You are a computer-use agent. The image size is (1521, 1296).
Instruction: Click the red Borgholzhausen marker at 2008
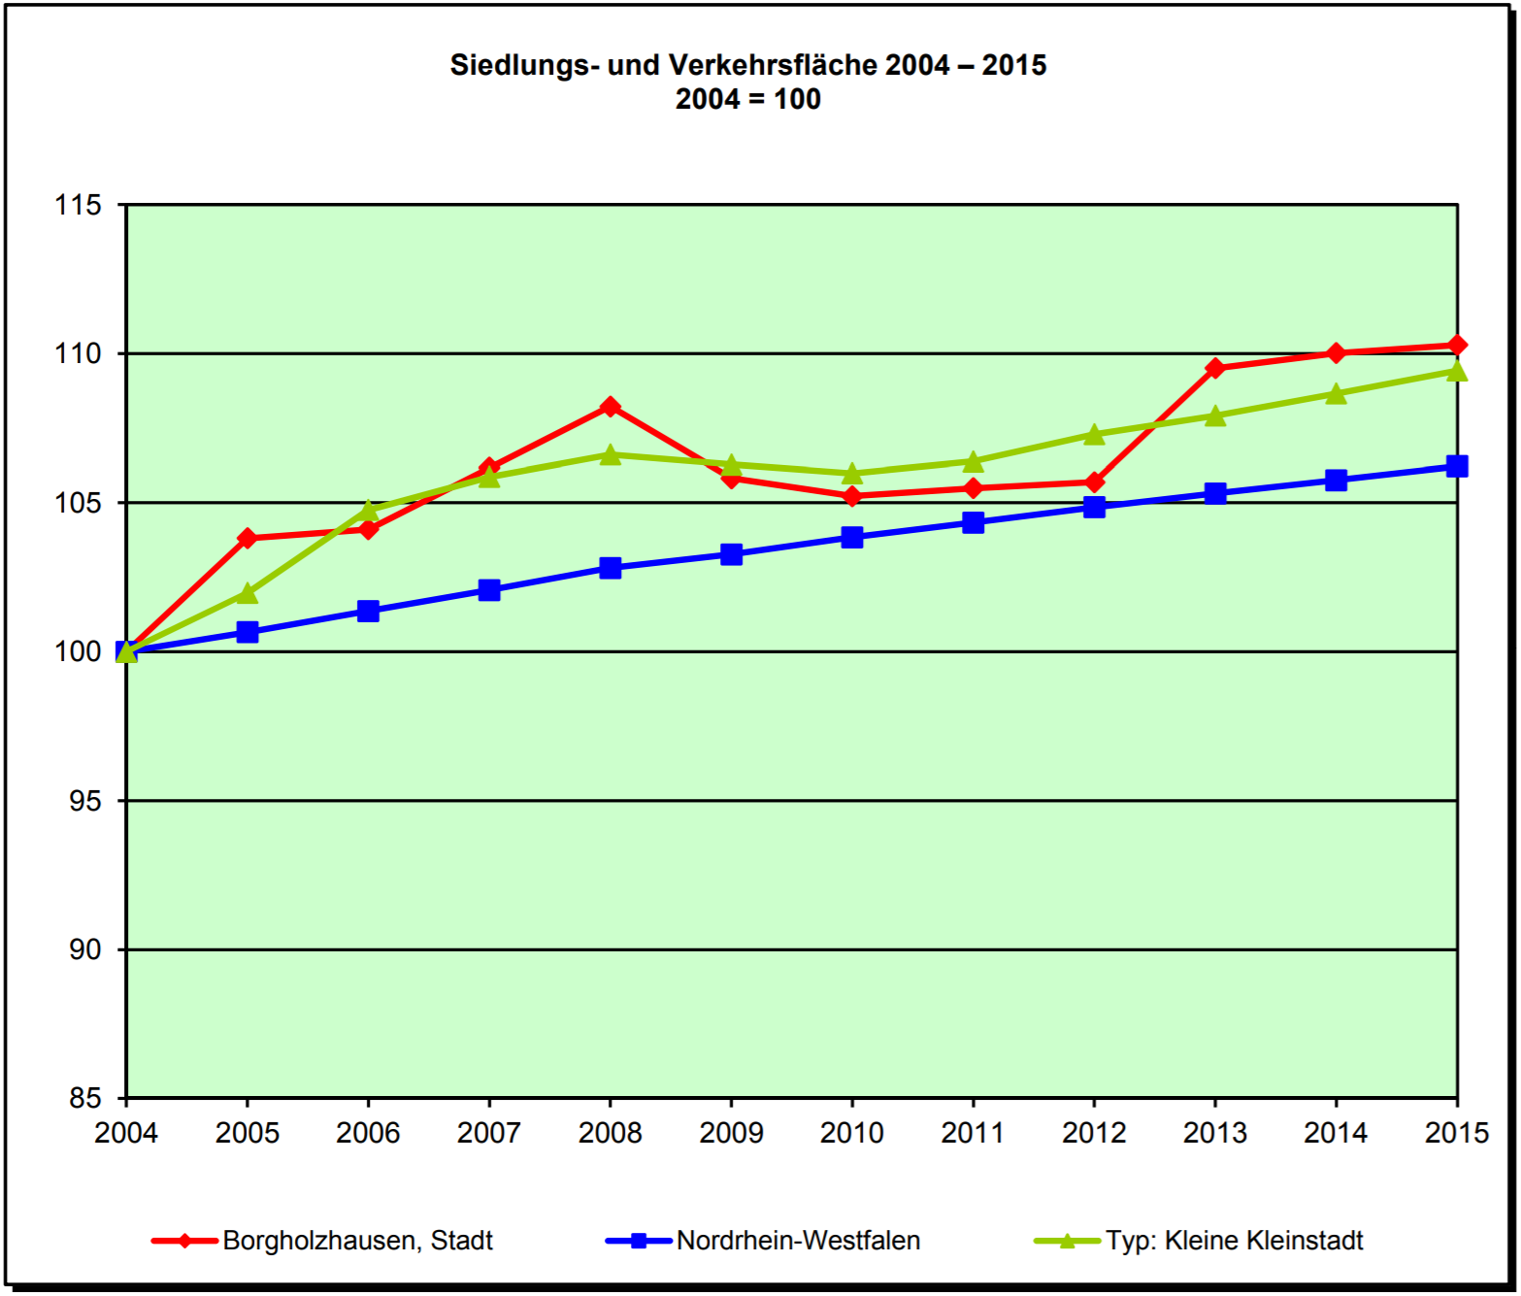(x=610, y=407)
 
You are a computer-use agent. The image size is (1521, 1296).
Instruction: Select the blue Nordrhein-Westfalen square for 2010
(x=852, y=537)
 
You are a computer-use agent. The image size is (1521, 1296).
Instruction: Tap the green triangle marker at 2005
(x=248, y=593)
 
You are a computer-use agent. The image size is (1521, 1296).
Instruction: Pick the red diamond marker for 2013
(x=1215, y=368)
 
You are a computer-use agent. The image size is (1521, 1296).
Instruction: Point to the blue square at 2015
(x=1456, y=466)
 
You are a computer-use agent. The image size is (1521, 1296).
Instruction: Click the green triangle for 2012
(x=1094, y=434)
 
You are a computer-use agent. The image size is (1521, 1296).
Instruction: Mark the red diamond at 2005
(x=248, y=538)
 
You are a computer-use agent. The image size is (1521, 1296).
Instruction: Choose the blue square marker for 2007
(x=489, y=590)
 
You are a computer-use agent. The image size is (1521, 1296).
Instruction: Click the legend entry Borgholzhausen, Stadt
(x=357, y=1241)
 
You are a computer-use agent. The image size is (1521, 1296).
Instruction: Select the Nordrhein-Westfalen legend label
(x=798, y=1241)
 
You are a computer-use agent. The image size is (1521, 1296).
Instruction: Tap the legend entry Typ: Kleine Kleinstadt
(x=1234, y=1241)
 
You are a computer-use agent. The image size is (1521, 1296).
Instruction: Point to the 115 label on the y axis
(x=79, y=205)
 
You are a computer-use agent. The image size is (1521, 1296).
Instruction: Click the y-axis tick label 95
(x=85, y=801)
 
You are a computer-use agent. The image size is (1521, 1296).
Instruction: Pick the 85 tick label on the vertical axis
(x=85, y=1098)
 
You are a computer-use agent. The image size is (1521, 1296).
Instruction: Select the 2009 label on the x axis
(x=731, y=1133)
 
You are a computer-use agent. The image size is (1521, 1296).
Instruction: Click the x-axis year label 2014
(x=1336, y=1133)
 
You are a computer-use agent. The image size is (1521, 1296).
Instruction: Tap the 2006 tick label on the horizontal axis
(x=368, y=1133)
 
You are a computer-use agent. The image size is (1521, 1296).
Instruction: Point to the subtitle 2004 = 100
(x=747, y=99)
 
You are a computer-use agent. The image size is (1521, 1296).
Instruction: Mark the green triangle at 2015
(x=1456, y=371)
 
